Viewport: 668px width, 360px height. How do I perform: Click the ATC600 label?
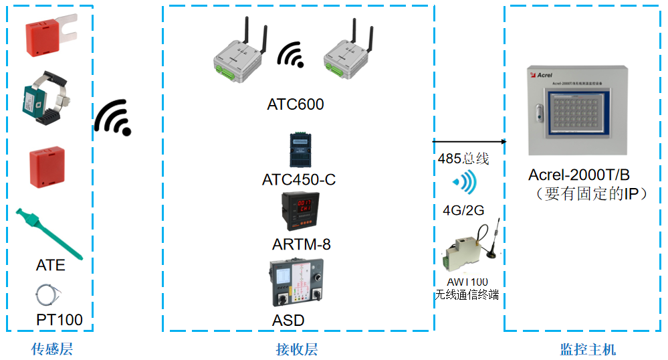(295, 104)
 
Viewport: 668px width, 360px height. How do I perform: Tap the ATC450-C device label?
(298, 180)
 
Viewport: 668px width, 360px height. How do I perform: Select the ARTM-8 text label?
(301, 244)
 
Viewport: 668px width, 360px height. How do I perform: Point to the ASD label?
(288, 321)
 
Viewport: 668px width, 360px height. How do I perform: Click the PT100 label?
(60, 320)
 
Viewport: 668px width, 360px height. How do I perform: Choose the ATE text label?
(51, 266)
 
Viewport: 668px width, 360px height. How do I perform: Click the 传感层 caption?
(51, 349)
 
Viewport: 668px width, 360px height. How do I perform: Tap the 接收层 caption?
(296, 349)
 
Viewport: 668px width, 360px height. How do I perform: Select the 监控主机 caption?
(588, 349)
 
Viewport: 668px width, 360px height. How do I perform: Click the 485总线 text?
(463, 159)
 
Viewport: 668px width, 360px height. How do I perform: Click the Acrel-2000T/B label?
(579, 175)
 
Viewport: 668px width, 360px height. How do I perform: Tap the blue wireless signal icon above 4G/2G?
(465, 182)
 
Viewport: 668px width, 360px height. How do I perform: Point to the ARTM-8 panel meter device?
(299, 212)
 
